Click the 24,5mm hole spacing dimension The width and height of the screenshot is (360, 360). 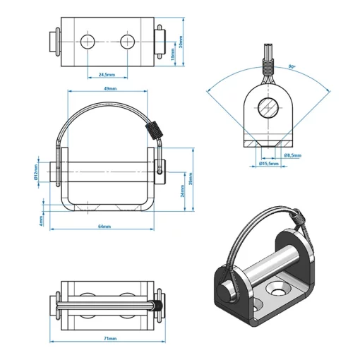106,73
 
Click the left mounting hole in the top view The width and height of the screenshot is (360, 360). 88,41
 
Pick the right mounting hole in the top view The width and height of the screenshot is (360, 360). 127,41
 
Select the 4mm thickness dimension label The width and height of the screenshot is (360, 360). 41,220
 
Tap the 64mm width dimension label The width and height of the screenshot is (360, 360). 105,227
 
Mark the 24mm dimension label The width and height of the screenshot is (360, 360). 181,192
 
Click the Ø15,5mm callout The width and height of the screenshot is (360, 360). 269,163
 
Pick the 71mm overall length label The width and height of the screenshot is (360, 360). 109,339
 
